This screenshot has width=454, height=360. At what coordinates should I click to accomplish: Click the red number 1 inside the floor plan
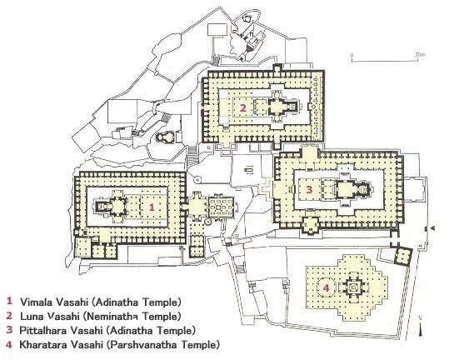(152, 207)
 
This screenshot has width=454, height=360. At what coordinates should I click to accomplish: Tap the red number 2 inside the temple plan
(243, 108)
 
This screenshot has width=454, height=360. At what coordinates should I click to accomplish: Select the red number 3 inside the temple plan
(309, 190)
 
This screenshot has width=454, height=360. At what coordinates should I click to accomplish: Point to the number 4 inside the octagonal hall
(327, 288)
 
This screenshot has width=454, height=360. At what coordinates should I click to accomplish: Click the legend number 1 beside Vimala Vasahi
(10, 301)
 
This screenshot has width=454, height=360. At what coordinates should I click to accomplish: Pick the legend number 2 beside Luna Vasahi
(9, 315)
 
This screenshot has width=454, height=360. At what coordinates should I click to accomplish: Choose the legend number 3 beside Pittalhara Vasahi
(9, 330)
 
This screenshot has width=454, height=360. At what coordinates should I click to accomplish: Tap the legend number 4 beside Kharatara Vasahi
(9, 345)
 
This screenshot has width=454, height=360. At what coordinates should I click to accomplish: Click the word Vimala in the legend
(37, 302)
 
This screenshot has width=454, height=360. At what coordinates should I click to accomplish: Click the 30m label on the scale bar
(420, 54)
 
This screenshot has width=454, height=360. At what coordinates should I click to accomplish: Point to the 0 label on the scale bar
(352, 55)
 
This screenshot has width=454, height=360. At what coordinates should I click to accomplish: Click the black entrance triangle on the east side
(433, 228)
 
